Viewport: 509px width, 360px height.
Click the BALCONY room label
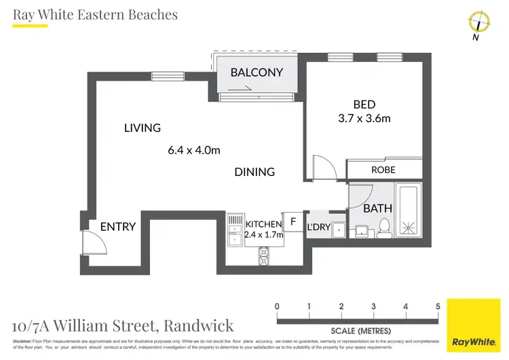coord(256,72)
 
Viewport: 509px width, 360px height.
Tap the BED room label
coord(364,104)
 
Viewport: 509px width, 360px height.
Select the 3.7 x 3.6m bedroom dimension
coord(364,118)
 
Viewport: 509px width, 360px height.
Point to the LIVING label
coord(142,128)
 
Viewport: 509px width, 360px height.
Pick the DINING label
coord(254,172)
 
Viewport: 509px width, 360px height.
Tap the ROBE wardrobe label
coord(383,170)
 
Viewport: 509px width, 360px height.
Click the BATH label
coord(377,209)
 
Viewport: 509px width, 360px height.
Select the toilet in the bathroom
coord(384,228)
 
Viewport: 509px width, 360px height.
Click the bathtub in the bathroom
coord(409,211)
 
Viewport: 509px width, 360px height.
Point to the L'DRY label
coord(318,228)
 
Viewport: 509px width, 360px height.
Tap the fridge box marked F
coord(293,221)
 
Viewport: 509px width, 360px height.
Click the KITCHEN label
coord(263,224)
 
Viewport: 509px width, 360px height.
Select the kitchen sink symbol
coord(234,223)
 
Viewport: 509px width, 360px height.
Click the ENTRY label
coord(118,227)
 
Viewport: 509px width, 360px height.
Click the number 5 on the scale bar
coord(438,306)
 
